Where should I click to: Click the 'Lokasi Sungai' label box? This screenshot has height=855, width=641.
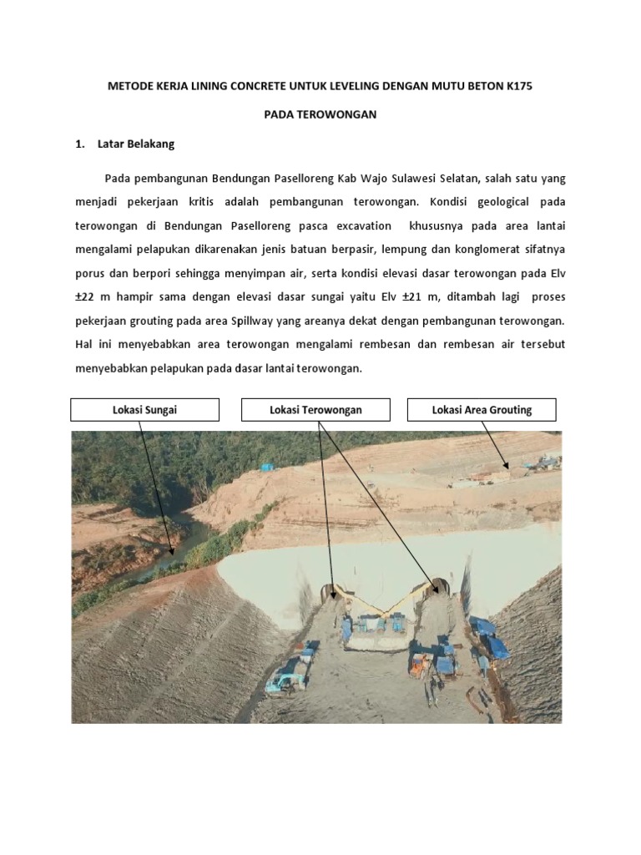[144, 409]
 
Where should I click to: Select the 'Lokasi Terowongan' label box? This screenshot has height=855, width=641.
[315, 409]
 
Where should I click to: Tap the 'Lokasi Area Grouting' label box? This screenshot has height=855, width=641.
[482, 409]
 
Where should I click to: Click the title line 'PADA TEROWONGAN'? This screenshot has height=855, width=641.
[320, 114]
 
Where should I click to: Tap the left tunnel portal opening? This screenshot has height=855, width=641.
[332, 592]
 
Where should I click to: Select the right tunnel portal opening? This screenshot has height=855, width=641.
[440, 586]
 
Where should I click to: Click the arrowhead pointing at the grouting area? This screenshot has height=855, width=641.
[505, 467]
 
